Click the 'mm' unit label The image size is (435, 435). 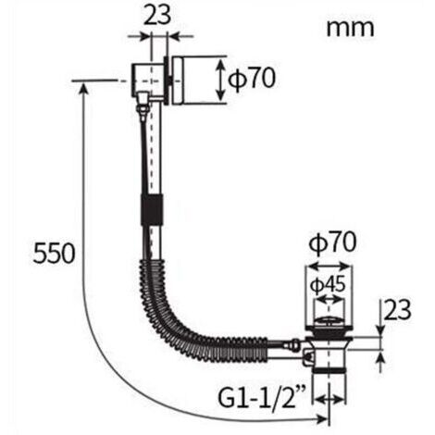350,29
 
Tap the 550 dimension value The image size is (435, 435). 54,254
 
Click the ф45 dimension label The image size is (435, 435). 328,285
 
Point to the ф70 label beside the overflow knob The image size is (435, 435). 252,78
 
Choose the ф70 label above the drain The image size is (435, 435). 332,242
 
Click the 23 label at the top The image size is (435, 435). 157,15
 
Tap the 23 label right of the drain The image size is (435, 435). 398,309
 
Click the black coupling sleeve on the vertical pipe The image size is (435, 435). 152,210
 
